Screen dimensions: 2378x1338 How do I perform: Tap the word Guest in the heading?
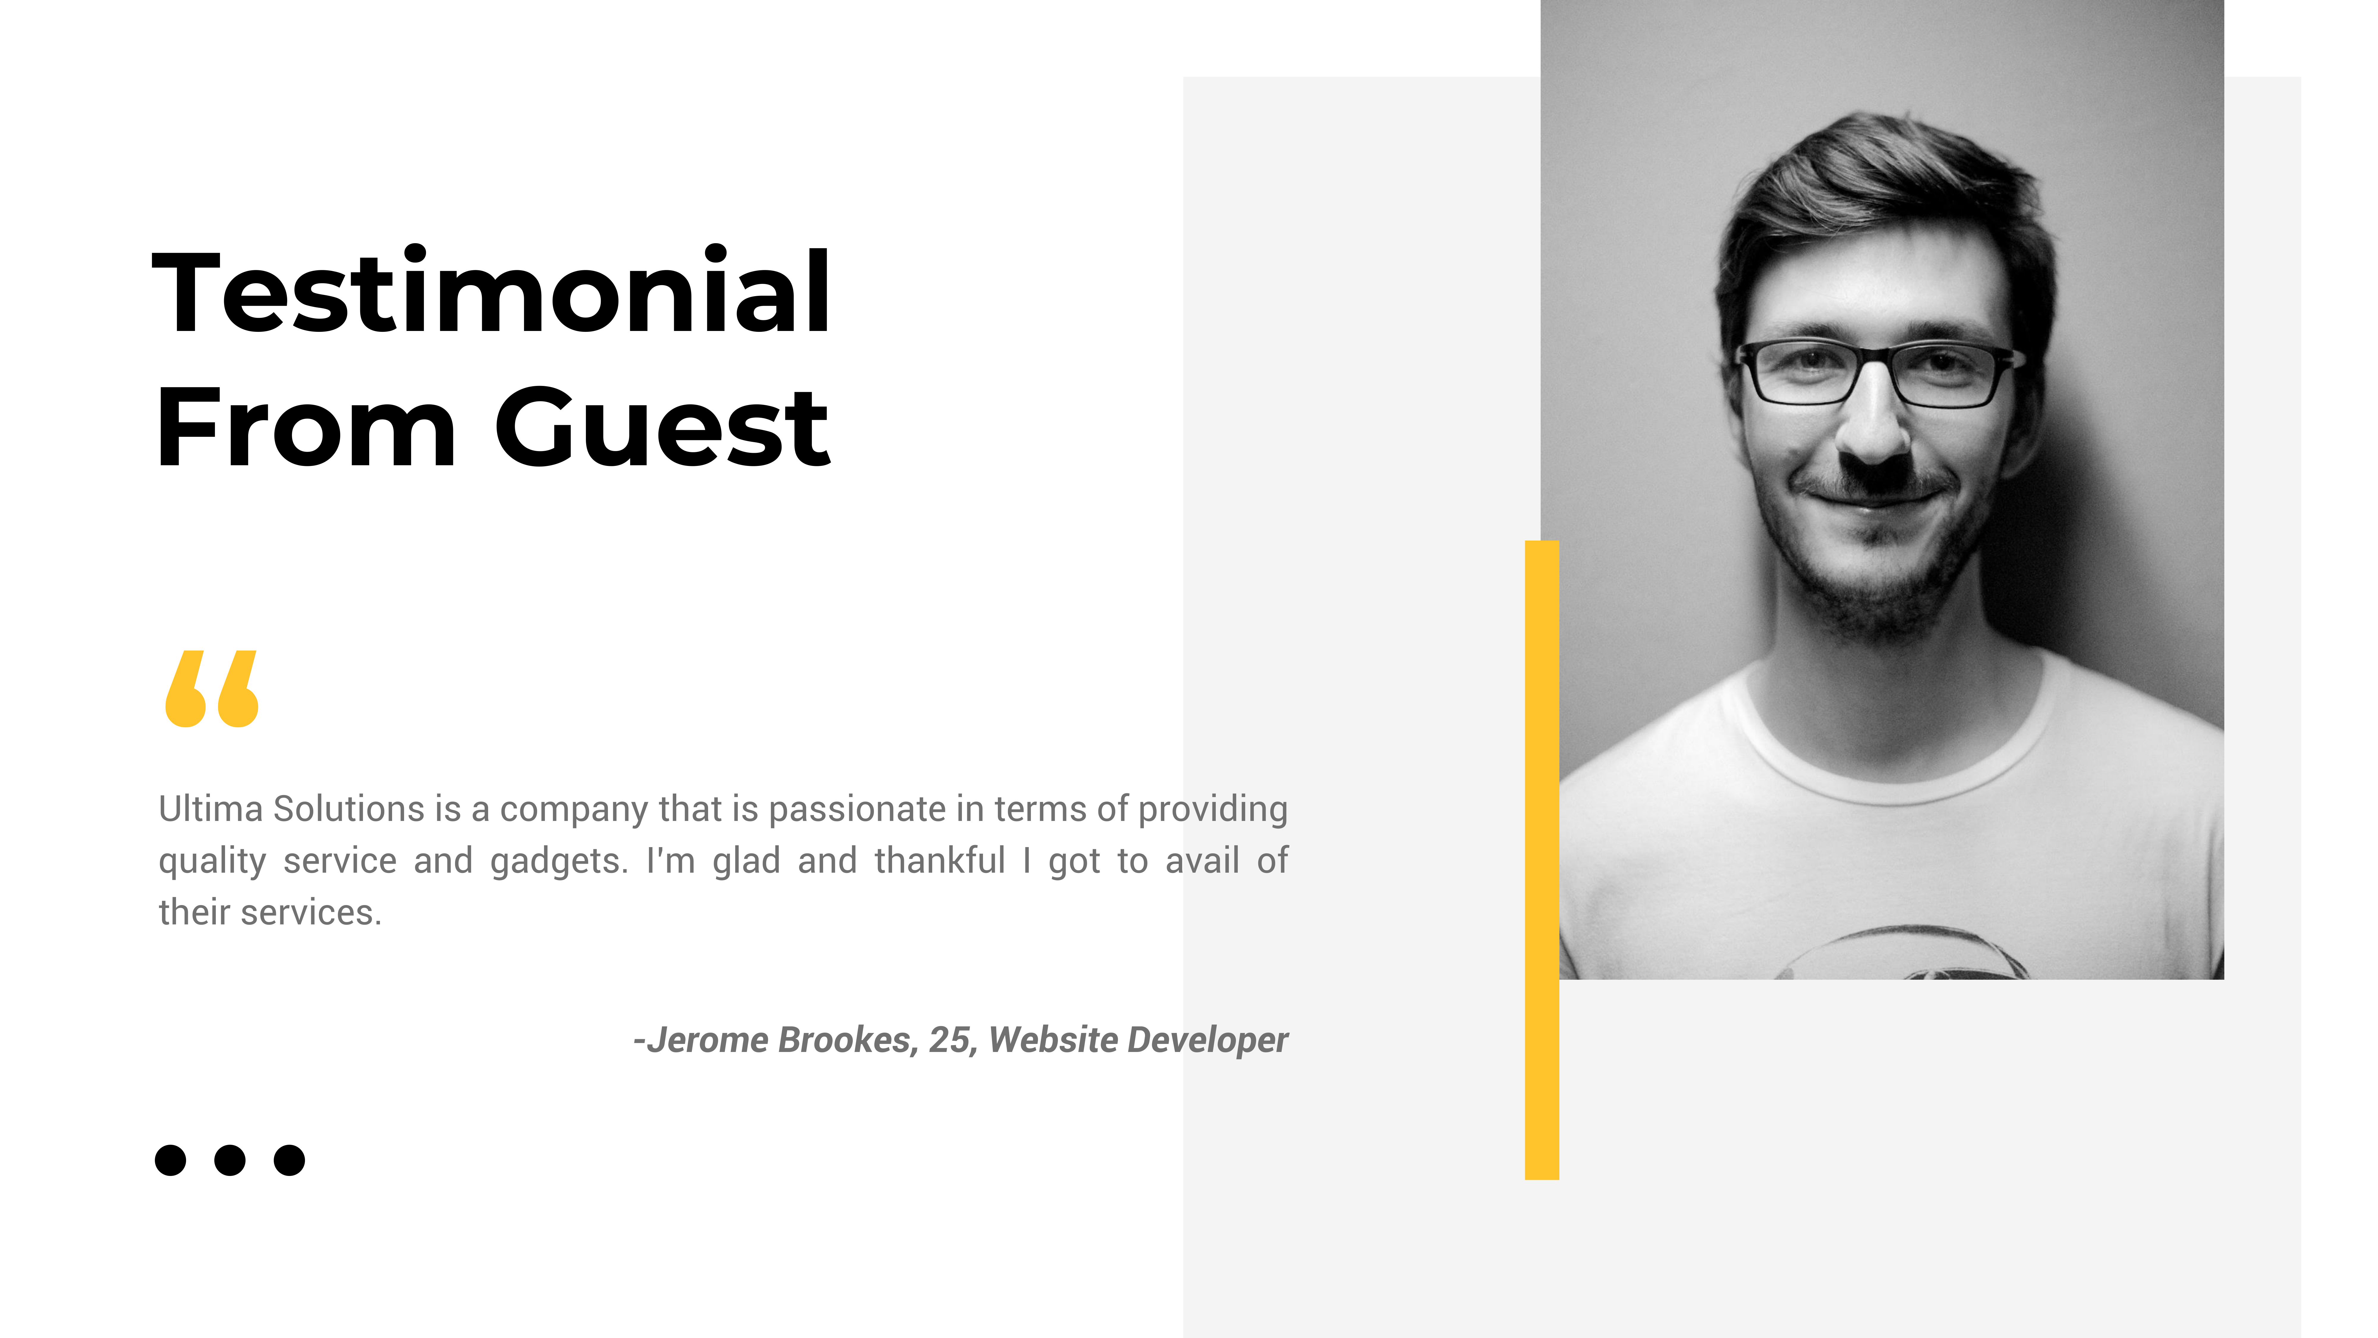[x=663, y=428]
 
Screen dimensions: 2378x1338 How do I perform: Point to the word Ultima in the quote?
[x=210, y=809]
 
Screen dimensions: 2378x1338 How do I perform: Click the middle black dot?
[x=230, y=1160]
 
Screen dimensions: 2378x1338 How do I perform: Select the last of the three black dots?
[x=289, y=1160]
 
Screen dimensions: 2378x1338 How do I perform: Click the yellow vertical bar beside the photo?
[x=1542, y=860]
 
